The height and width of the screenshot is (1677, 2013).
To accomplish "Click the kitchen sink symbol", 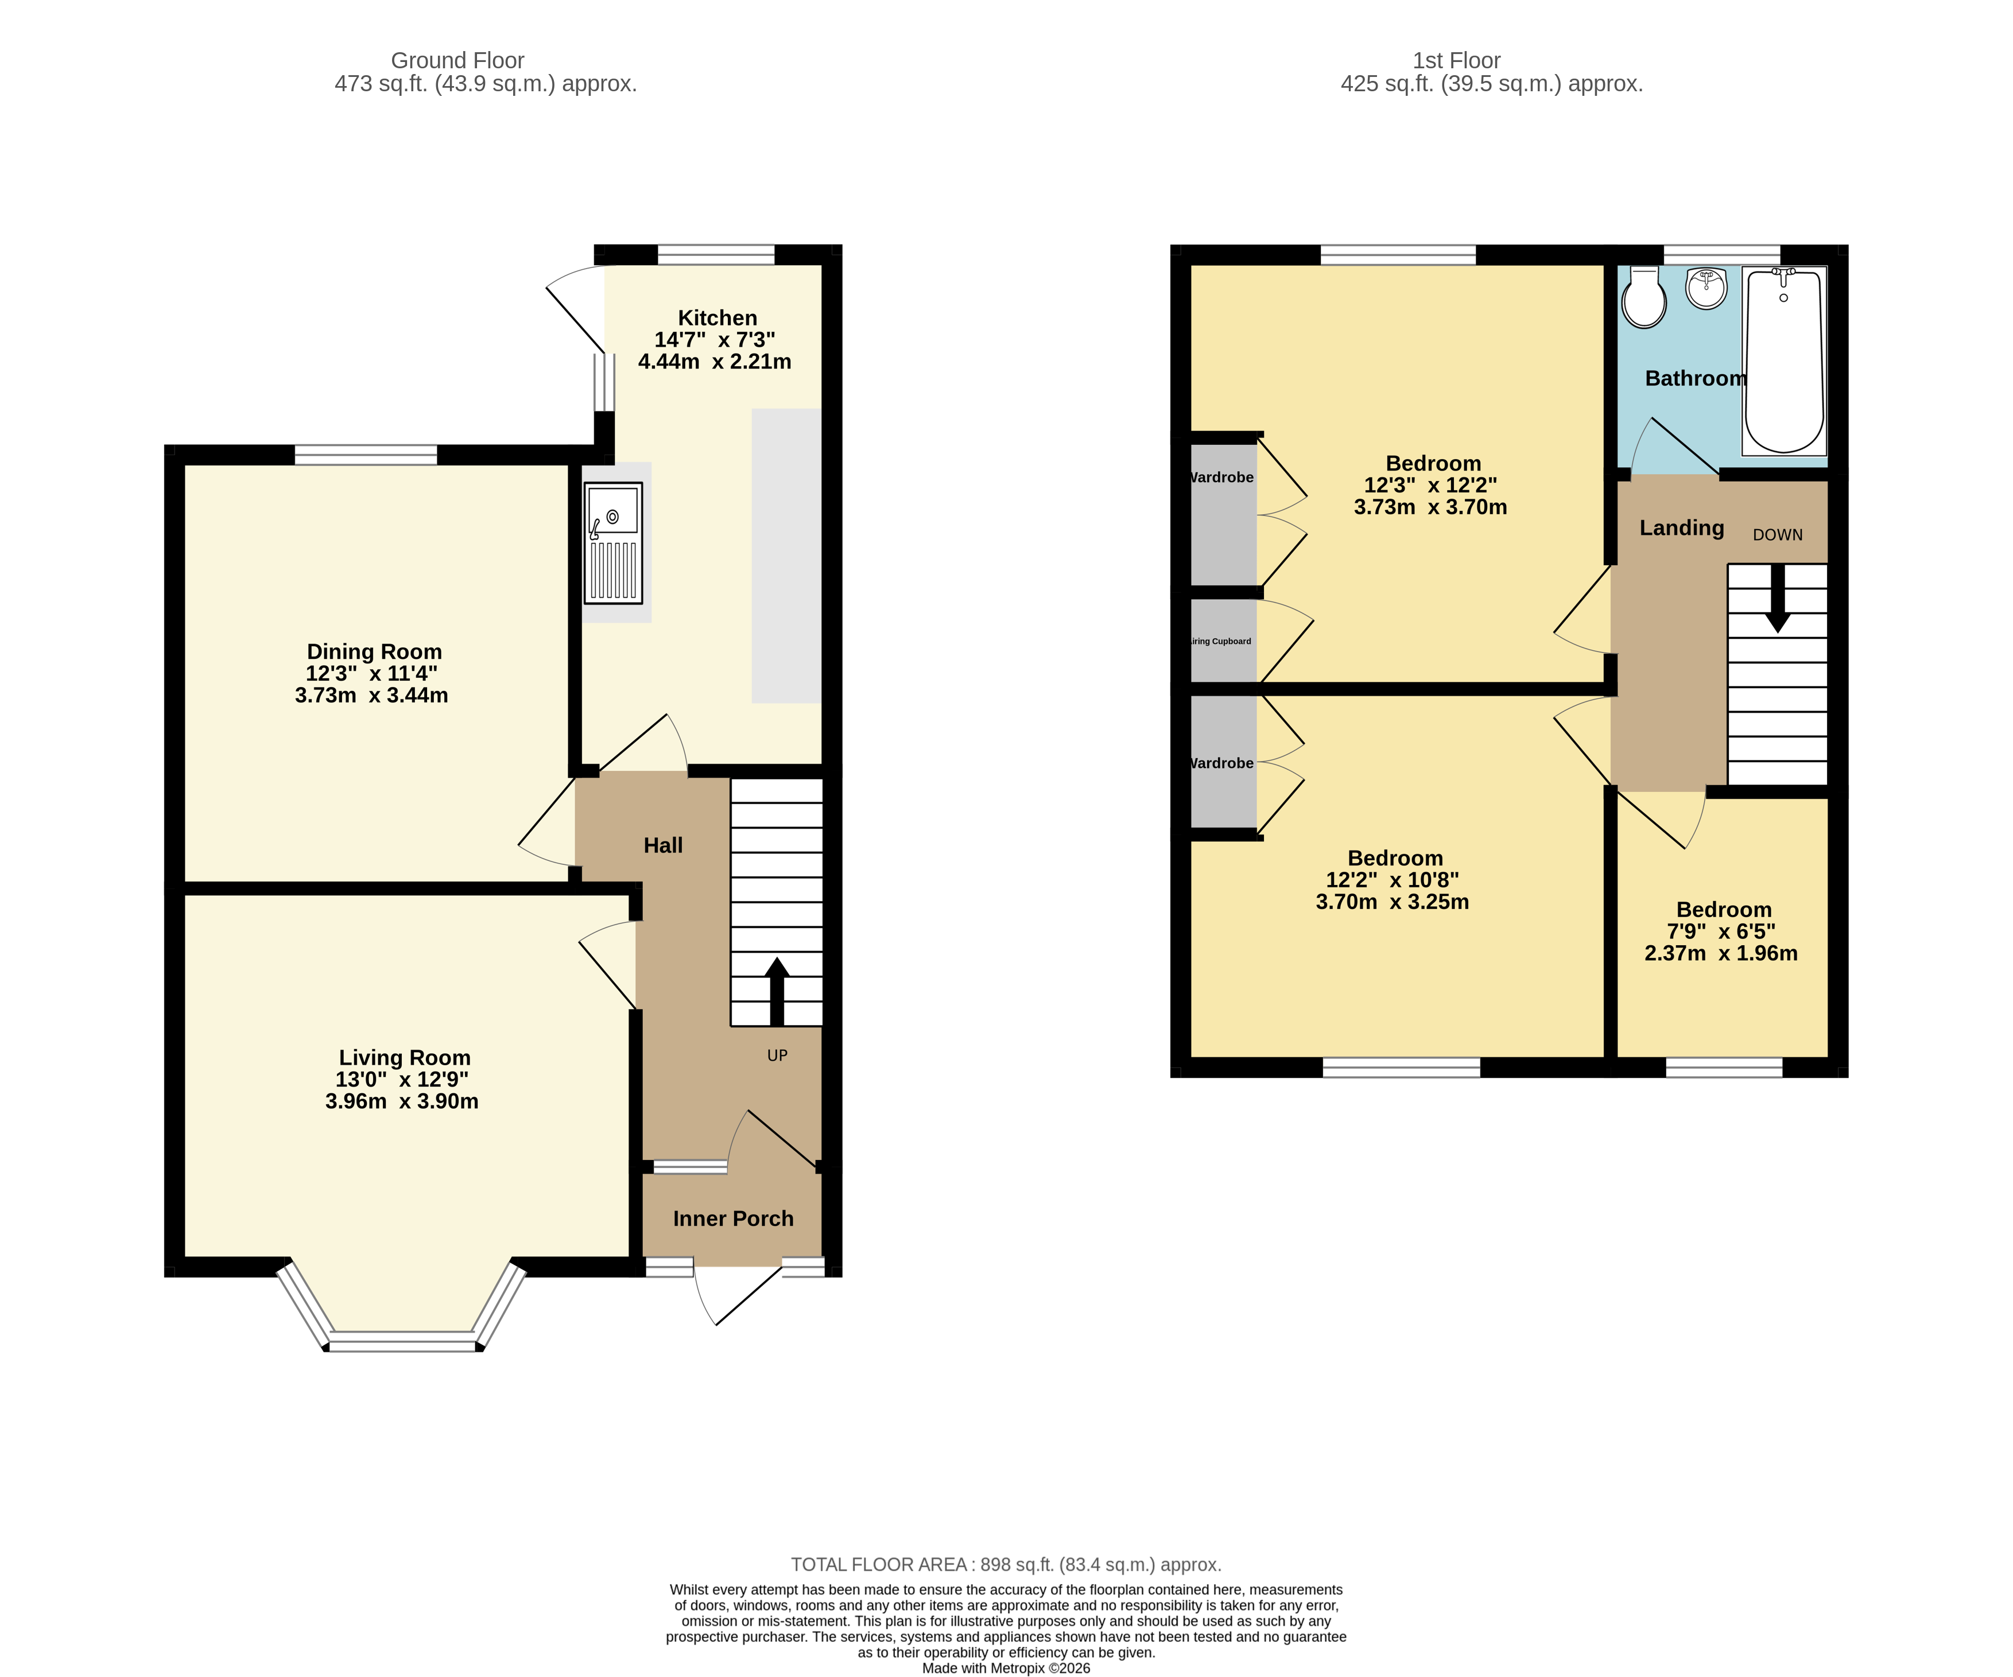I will click(612, 542).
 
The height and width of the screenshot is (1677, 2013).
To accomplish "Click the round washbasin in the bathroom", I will click(1705, 288).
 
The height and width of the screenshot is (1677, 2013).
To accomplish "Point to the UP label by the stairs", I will click(777, 1055).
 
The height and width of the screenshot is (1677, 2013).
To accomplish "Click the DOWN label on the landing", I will click(1777, 535).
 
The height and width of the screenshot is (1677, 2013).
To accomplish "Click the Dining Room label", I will click(374, 651).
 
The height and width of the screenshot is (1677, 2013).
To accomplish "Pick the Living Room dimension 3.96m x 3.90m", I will click(402, 1101).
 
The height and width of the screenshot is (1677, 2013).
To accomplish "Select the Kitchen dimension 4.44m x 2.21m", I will click(715, 361).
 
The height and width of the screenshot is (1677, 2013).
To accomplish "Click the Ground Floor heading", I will click(457, 60).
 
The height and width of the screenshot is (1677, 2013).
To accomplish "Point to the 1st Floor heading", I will click(1456, 60).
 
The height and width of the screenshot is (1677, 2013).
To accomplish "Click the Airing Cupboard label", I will click(1220, 641).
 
